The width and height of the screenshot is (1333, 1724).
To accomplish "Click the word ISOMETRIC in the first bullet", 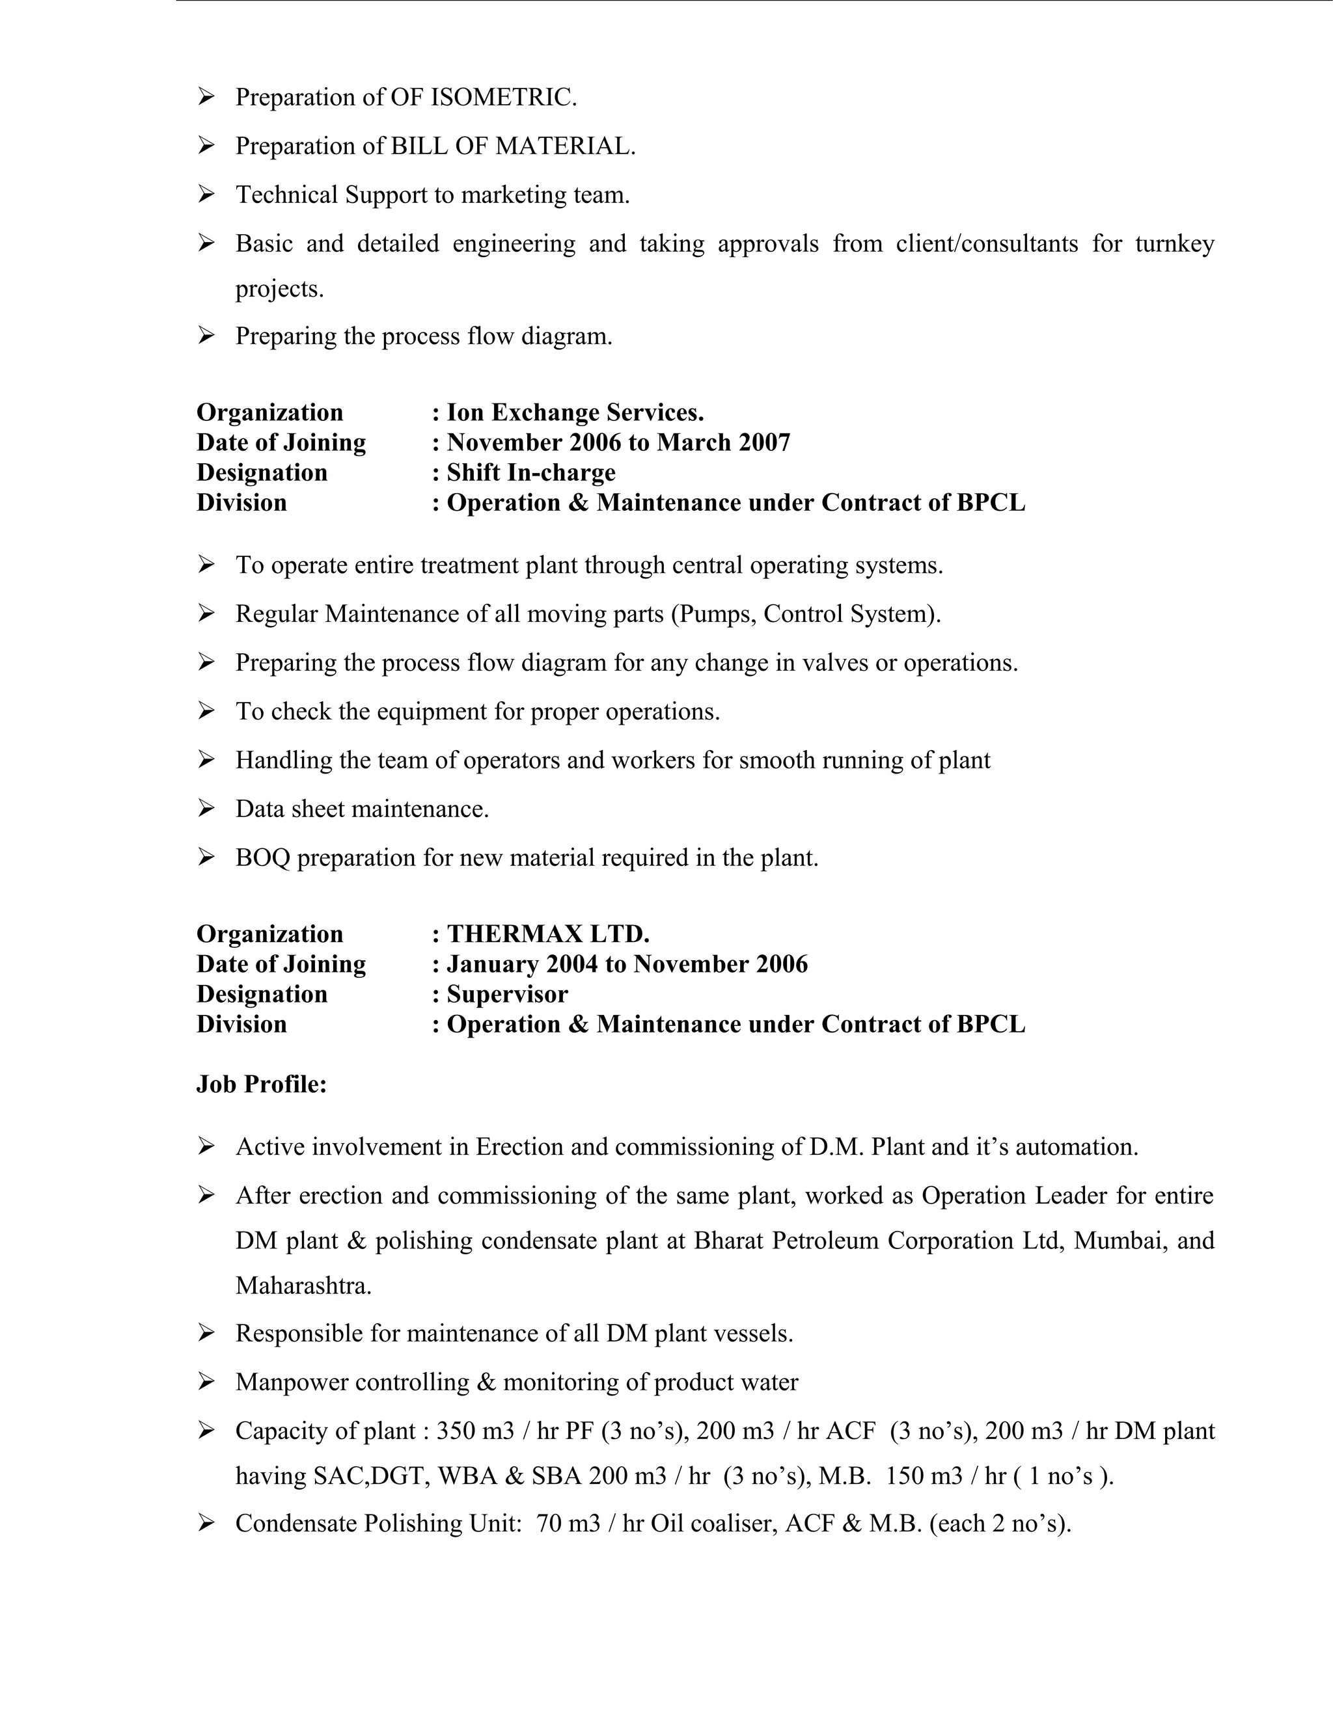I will [503, 97].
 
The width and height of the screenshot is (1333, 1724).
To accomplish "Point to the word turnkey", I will [1174, 243].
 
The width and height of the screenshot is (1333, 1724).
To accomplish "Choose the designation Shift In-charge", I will [530, 472].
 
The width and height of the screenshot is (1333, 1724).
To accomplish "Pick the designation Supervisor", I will [507, 994].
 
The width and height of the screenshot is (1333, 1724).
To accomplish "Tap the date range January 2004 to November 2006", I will [627, 964].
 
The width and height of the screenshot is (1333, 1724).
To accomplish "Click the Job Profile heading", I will [262, 1084].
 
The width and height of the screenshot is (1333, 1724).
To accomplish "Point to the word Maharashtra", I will [303, 1286].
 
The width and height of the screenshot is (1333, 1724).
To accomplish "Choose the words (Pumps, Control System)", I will [806, 613].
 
